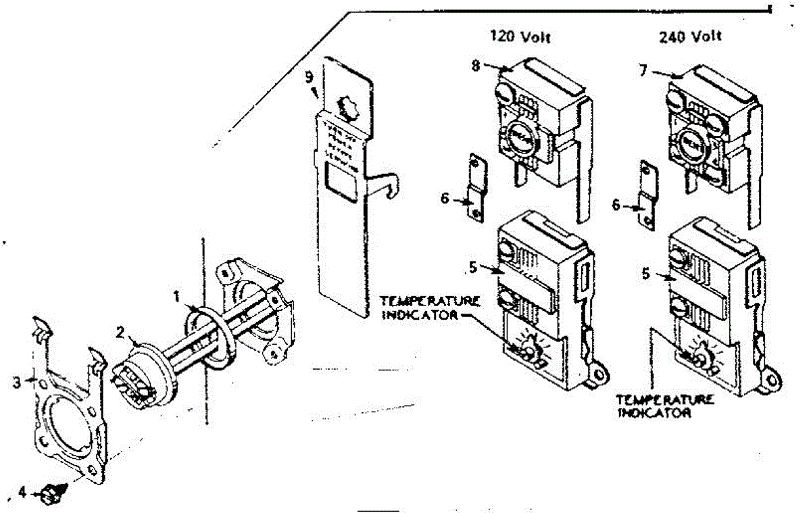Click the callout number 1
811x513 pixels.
(176, 295)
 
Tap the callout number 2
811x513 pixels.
(120, 333)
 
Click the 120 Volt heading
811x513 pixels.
(520, 37)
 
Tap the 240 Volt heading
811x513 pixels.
(690, 36)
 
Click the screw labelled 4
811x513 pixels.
(49, 495)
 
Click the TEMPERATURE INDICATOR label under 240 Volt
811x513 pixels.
(666, 406)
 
